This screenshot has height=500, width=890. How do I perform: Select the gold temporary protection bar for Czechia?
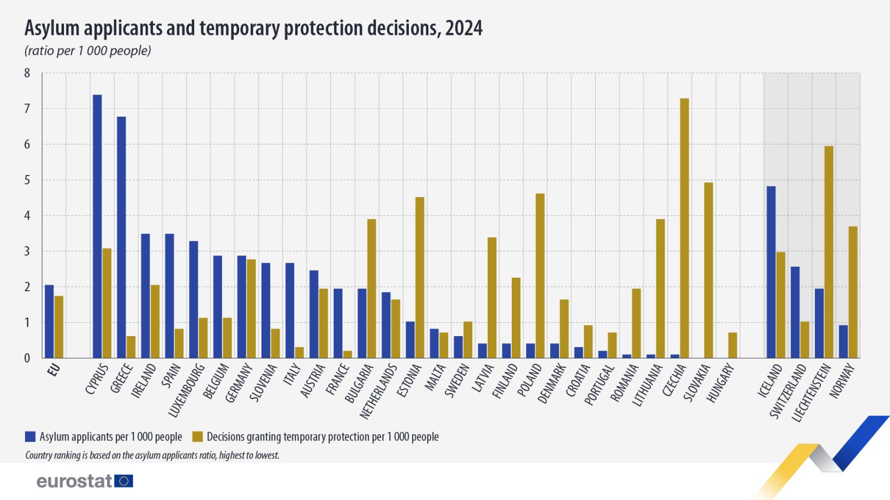(684, 228)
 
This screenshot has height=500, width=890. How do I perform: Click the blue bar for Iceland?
(771, 272)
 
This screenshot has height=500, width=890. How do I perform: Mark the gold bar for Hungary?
(733, 345)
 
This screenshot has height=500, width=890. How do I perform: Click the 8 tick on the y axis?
(27, 73)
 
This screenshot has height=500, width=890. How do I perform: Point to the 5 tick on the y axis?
(27, 180)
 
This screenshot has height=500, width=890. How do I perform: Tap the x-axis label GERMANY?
(239, 383)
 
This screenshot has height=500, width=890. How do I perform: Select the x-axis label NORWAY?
(842, 381)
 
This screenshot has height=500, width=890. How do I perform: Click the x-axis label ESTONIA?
(409, 381)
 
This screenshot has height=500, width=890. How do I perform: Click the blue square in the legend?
(31, 437)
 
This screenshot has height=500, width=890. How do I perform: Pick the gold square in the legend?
(197, 437)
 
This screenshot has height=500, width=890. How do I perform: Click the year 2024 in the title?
(463, 28)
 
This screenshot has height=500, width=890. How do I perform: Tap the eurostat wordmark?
(75, 481)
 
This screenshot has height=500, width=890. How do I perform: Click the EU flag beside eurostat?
(123, 481)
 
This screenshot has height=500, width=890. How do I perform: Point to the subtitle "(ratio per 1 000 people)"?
(87, 51)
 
